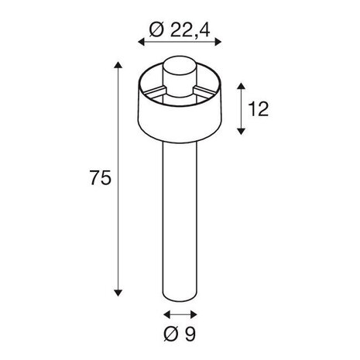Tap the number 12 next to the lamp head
[259, 108]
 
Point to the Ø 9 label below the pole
[180, 336]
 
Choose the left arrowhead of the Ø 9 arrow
[165, 315]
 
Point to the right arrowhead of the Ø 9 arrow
[194, 315]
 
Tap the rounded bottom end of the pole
[180, 297]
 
